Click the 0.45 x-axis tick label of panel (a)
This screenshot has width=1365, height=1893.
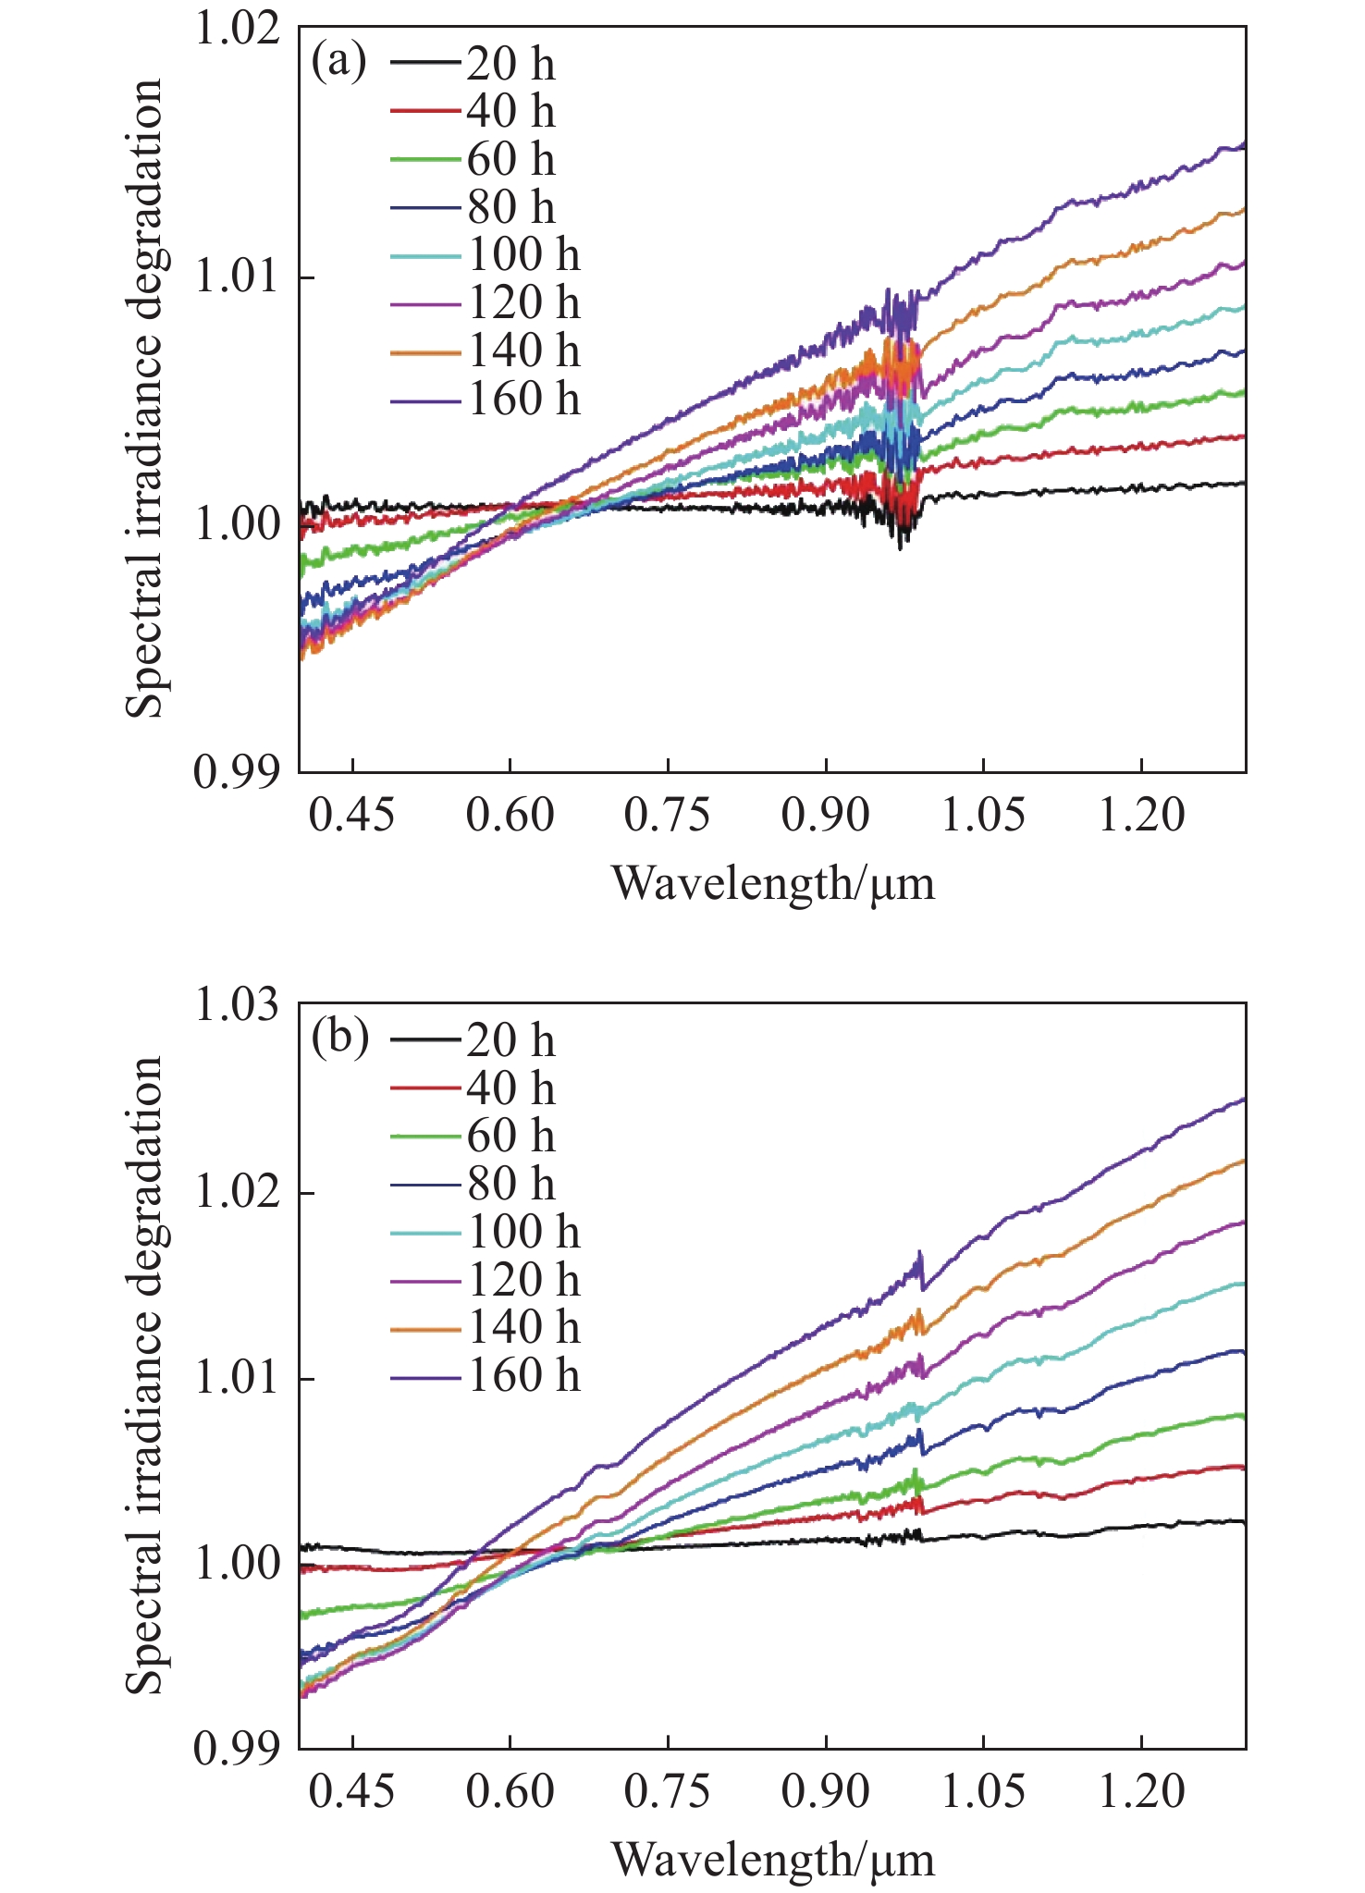pos(352,816)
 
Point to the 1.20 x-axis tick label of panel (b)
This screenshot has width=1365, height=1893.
pos(1141,1792)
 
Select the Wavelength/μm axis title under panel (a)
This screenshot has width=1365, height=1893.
pos(773,883)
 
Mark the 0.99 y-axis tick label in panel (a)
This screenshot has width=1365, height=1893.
pos(236,771)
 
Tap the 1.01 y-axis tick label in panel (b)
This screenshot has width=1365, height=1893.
pos(236,1378)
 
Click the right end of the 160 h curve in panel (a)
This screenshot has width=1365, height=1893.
pos(1244,144)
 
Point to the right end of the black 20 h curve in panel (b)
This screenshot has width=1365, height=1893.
pos(1244,1521)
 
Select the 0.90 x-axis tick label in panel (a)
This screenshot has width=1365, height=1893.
pos(825,816)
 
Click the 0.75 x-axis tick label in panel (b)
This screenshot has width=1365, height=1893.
pos(667,1792)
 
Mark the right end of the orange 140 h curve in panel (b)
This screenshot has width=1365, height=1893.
pos(1244,1161)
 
